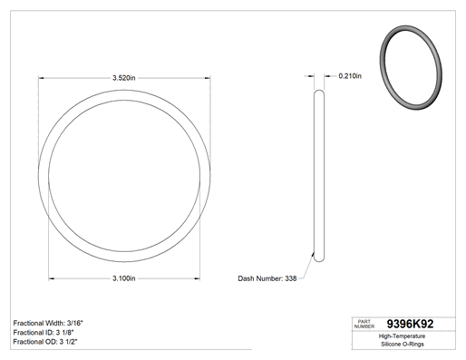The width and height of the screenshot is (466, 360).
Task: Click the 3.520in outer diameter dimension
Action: click(124, 78)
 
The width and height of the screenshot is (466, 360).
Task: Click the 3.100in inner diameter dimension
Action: click(124, 278)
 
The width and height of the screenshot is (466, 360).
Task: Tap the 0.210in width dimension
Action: click(350, 76)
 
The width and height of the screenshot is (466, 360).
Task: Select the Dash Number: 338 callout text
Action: click(267, 278)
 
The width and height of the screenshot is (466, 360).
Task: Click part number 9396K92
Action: click(410, 324)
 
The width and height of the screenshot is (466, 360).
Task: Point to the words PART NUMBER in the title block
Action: click(364, 324)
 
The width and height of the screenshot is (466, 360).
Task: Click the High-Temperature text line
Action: click(402, 336)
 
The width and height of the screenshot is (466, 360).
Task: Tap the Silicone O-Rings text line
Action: click(403, 344)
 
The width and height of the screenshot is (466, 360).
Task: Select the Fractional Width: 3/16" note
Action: click(48, 323)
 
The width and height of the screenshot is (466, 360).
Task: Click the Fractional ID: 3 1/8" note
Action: click(44, 333)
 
